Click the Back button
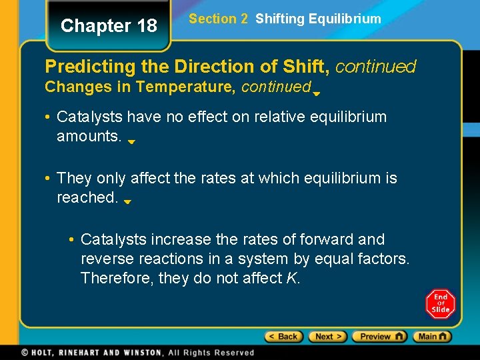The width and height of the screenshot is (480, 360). [x=284, y=337]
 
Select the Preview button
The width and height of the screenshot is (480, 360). [x=379, y=337]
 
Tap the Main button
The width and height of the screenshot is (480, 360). [x=432, y=337]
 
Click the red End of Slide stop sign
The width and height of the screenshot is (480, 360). [x=440, y=303]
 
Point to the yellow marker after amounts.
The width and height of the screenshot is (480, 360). [x=132, y=141]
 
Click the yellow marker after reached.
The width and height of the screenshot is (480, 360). [x=127, y=201]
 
